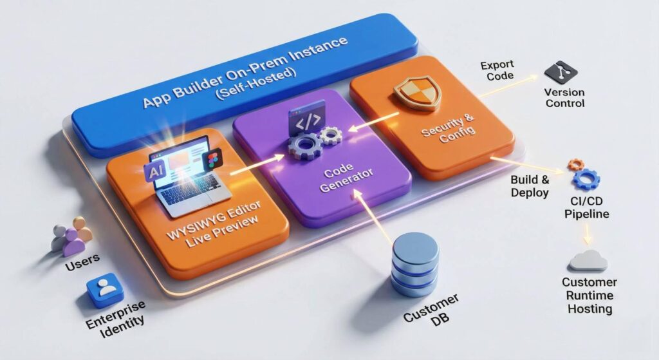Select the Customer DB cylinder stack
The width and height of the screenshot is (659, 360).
tap(414, 263)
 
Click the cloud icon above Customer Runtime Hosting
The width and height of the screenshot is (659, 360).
tap(588, 260)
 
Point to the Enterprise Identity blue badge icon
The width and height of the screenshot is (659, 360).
tap(105, 289)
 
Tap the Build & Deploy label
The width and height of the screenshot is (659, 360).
tap(530, 185)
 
